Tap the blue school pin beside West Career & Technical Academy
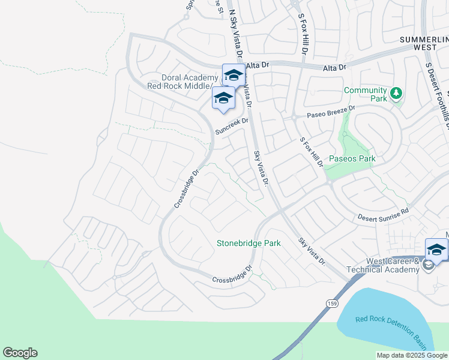tap(436, 250)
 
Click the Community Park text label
tap(365, 94)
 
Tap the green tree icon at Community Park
tap(396, 94)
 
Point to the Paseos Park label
tap(351, 159)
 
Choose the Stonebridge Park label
tap(248, 244)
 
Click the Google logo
tap(20, 353)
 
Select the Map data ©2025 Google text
tap(412, 355)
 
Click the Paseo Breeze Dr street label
tap(331, 111)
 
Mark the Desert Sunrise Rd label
tap(383, 215)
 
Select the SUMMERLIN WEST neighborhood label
tap(424, 44)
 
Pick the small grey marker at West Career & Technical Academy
tap(428, 265)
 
